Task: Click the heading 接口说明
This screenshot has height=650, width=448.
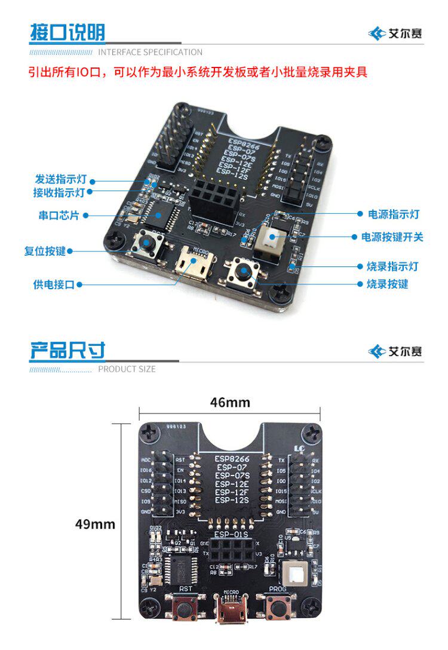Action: (67, 33)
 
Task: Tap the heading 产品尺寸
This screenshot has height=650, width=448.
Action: (67, 351)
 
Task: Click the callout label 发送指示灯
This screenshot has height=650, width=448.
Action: (61, 179)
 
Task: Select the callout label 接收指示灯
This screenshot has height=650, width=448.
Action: (60, 192)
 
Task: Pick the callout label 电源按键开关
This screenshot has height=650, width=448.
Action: (392, 237)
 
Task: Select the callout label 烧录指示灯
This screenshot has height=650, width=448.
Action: (392, 266)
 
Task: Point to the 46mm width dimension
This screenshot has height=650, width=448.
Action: (230, 402)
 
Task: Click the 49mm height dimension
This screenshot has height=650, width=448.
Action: (95, 524)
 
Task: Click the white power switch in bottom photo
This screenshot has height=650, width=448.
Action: (294, 575)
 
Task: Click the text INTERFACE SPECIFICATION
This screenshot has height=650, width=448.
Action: (150, 52)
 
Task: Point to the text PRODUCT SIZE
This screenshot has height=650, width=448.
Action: (127, 369)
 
